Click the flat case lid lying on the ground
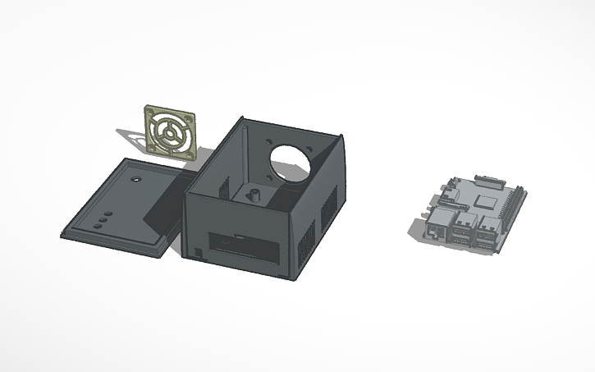pyautogui.click(x=123, y=209)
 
